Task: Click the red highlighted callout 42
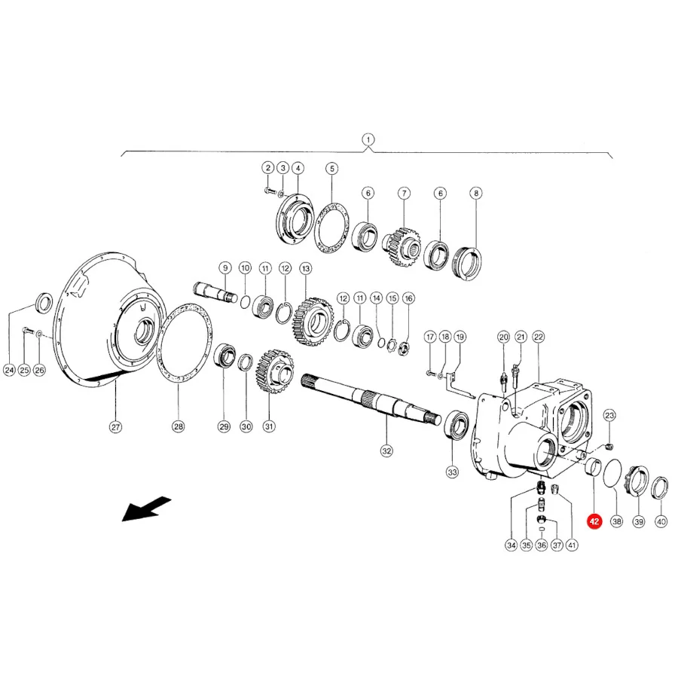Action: point(594,521)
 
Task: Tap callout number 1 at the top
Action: point(368,139)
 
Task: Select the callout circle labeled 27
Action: point(115,427)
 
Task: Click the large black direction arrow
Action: point(146,509)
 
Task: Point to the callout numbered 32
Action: point(386,451)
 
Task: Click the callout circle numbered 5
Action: point(331,168)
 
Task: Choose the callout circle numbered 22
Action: point(539,337)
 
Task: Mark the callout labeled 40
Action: point(661,522)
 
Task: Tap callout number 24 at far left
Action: point(9,370)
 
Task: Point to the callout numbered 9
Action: point(224,268)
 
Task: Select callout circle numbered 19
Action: point(460,337)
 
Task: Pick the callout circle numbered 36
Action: point(542,545)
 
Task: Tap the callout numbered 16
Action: point(408,298)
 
